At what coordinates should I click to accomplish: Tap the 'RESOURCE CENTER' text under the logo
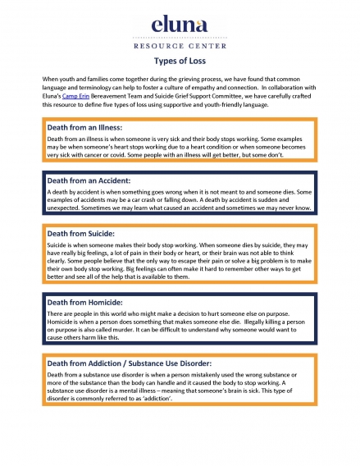[x=179, y=48]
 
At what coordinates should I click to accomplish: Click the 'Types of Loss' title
[x=179, y=62]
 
